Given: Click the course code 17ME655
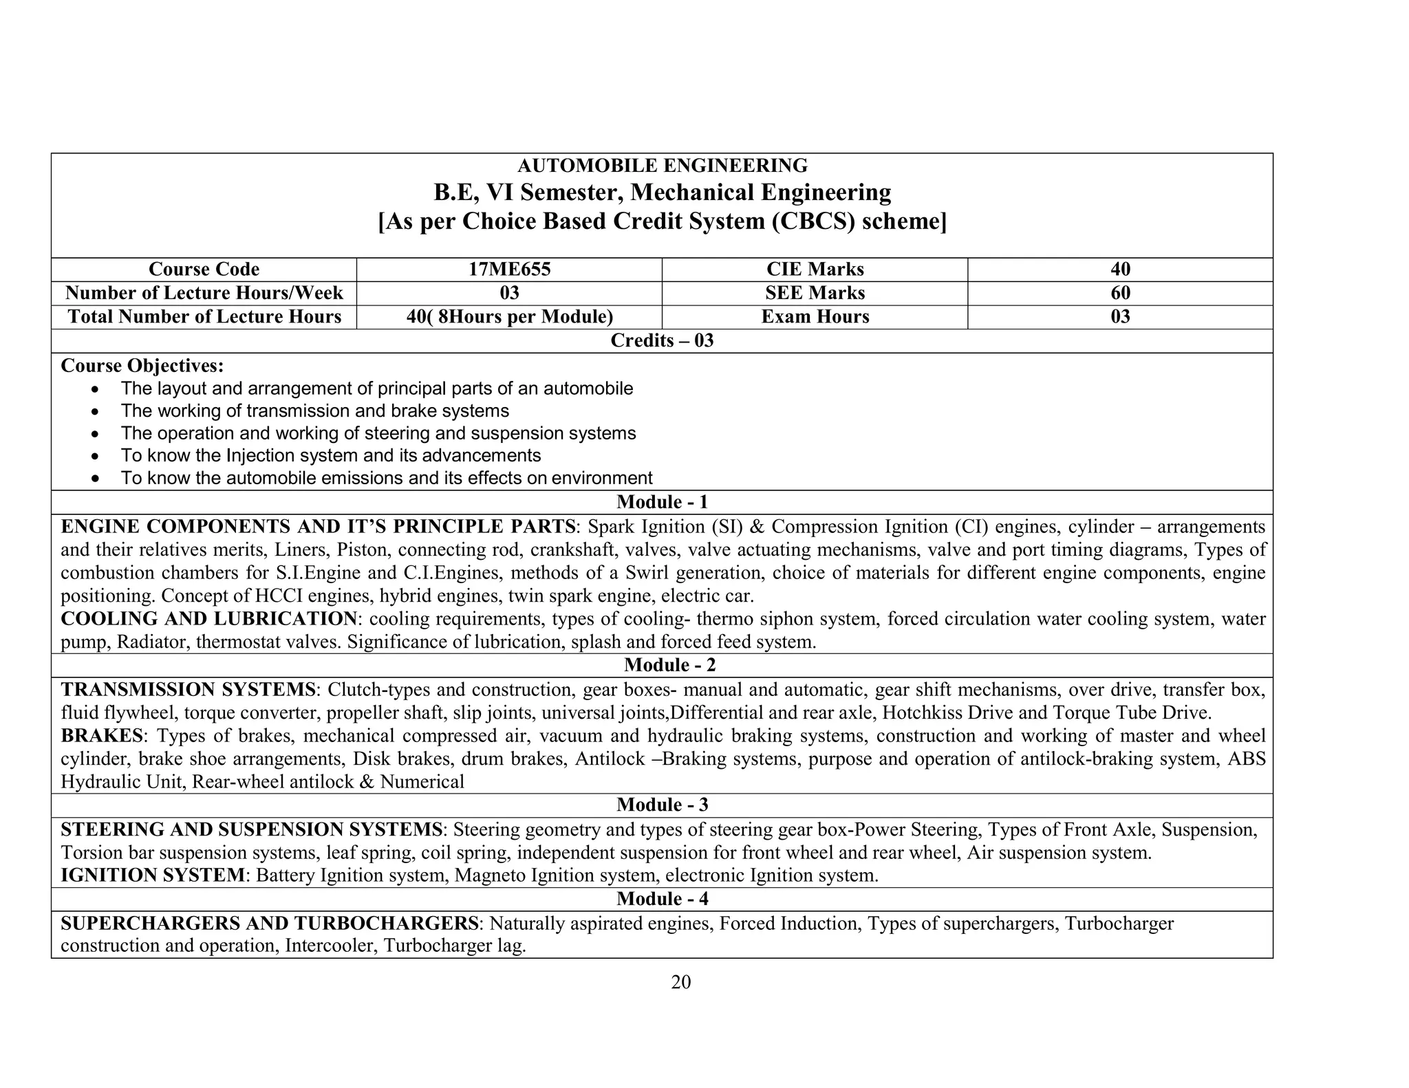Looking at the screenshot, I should pos(509,270).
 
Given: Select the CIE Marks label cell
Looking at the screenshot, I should pos(815,270).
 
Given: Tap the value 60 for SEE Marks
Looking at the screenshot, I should pos(1120,294).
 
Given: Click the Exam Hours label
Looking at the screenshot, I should pos(815,317).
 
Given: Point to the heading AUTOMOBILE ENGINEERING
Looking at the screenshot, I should pos(662,166).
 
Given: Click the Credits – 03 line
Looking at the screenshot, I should pos(662,341).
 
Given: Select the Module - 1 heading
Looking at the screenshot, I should pos(662,503).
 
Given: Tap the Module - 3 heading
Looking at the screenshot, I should pos(662,805).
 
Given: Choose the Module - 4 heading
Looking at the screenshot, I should pos(662,900).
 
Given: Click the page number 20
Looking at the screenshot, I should pos(680,983).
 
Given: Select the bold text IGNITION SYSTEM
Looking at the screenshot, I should pos(152,876).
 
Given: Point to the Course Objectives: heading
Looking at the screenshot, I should pos(142,366).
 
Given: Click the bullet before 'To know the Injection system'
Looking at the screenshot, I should pos(98,457).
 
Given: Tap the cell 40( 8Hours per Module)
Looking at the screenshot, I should pos(509,317).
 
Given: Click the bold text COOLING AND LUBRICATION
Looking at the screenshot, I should pos(208,619).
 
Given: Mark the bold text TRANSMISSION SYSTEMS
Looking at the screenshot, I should pos(187,690).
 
